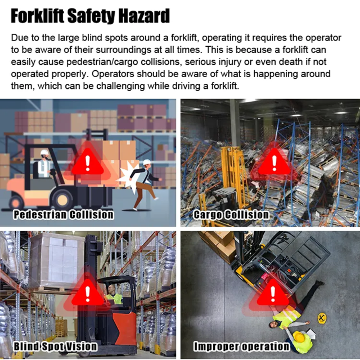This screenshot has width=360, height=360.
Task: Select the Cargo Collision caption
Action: click(231, 214)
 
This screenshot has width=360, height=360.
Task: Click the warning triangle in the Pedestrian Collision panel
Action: click(87, 163)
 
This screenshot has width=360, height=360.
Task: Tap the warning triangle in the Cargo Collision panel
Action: click(274, 163)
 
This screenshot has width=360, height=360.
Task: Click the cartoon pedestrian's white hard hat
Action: click(146, 163)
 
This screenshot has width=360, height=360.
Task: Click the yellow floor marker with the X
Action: click(322, 319)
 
